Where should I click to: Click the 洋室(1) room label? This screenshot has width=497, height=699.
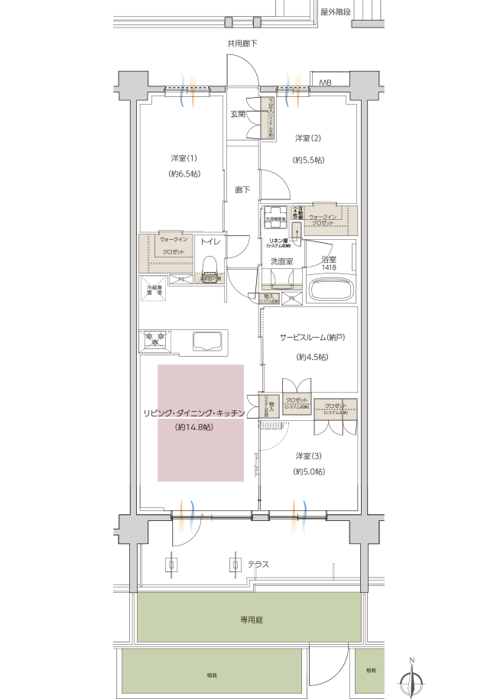(184, 158)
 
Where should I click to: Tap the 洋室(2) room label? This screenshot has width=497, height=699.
(308, 138)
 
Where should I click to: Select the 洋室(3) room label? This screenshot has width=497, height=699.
(308, 456)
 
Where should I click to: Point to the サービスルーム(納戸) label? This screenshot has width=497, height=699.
(310, 336)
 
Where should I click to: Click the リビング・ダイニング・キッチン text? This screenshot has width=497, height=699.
(193, 413)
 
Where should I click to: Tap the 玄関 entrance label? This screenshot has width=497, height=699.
(238, 115)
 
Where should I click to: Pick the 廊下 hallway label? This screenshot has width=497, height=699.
(242, 189)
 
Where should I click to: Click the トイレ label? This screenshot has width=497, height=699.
(210, 241)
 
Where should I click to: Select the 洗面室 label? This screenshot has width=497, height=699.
(281, 261)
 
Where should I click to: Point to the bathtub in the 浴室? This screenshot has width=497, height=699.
(332, 290)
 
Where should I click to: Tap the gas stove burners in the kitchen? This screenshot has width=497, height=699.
(157, 340)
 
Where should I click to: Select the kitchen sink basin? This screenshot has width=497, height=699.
(207, 340)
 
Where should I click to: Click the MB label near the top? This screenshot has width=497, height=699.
(325, 82)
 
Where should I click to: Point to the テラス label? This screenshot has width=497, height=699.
(258, 565)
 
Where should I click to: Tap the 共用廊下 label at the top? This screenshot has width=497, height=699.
(242, 44)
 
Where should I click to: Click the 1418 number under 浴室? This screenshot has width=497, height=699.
(329, 267)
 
